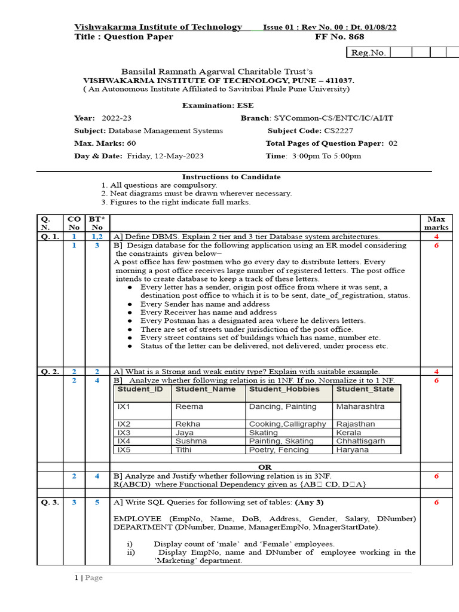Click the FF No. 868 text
pyautogui.click(x=339, y=37)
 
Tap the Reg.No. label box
pyautogui.click(x=368, y=53)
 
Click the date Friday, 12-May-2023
pyautogui.click(x=166, y=156)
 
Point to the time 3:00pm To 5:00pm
pyautogui.click(x=326, y=156)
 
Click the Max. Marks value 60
pyautogui.click(x=131, y=143)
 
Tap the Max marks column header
pyautogui.click(x=436, y=224)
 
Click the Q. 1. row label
pyautogui.click(x=50, y=237)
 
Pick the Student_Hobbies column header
pyautogui.click(x=284, y=389)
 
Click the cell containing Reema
pyautogui.click(x=189, y=406)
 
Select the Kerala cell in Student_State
pyautogui.click(x=348, y=432)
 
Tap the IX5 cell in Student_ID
pyautogui.click(x=124, y=449)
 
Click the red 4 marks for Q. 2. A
pyautogui.click(x=436, y=371)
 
